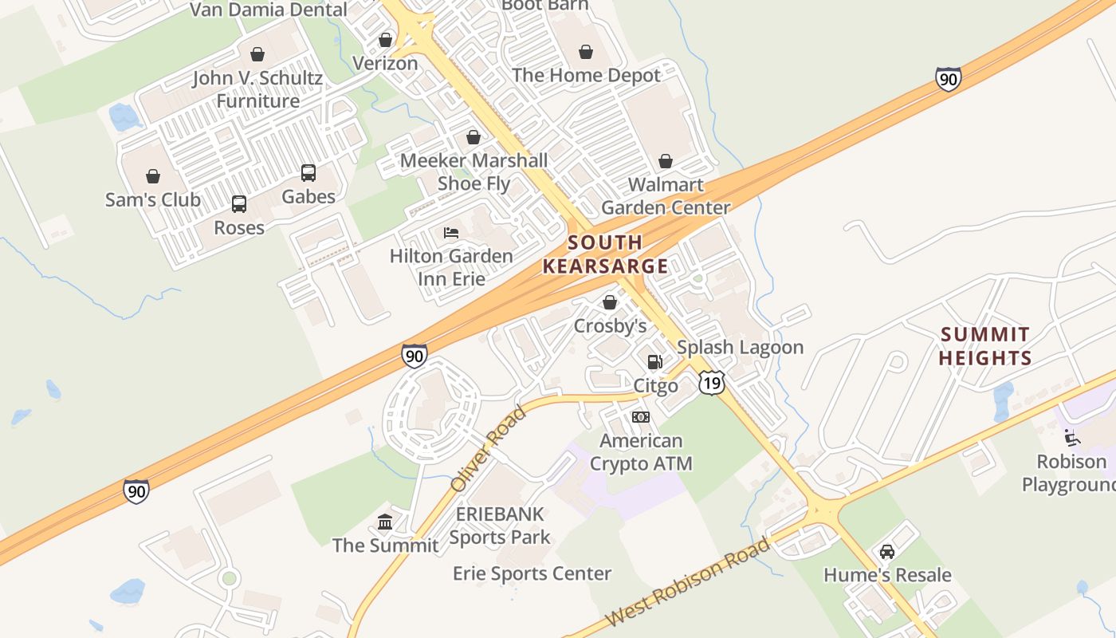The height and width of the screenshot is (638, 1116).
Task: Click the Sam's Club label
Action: tap(153, 199)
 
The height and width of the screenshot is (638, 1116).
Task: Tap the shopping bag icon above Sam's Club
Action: tap(153, 176)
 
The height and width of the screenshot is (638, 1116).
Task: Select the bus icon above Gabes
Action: tap(308, 172)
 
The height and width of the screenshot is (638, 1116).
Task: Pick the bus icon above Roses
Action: tap(239, 204)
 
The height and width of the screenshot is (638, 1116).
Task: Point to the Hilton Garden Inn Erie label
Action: tap(451, 267)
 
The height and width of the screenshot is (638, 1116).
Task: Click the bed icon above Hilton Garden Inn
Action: tap(451, 233)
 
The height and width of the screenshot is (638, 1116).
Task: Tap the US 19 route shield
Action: tap(712, 383)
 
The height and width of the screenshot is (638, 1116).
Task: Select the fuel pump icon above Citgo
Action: tap(654, 362)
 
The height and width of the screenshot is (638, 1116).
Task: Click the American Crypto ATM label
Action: tap(641, 451)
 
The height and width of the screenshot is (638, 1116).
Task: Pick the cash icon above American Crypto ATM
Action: tap(641, 417)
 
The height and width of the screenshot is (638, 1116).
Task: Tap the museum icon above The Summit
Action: tap(385, 522)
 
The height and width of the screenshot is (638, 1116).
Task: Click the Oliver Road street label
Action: tap(488, 449)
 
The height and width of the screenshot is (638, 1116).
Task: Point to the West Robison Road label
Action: tap(688, 582)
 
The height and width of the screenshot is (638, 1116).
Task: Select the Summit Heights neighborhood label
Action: tap(985, 346)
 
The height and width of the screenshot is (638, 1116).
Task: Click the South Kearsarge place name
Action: tap(606, 254)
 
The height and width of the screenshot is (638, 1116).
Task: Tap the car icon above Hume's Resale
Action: tap(886, 552)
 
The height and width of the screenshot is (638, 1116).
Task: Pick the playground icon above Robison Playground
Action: tap(1072, 438)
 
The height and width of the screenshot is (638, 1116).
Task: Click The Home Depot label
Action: tap(586, 76)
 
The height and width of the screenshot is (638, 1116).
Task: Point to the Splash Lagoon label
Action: tap(740, 348)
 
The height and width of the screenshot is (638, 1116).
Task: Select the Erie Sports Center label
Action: tap(532, 573)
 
